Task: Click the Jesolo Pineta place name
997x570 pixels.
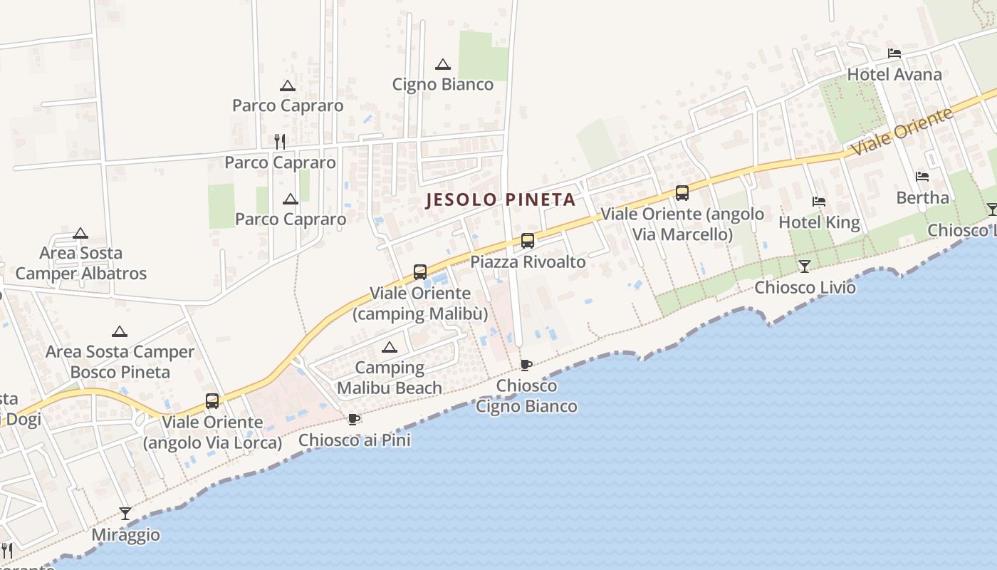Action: click(x=501, y=199)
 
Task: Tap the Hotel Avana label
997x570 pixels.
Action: click(x=894, y=75)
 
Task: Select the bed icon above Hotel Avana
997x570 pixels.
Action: click(x=894, y=53)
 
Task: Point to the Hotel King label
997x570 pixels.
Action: click(x=819, y=222)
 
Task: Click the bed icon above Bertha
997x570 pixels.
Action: click(x=922, y=176)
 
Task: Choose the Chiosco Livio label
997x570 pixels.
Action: click(x=805, y=288)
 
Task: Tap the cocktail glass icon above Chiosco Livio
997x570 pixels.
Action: click(x=805, y=266)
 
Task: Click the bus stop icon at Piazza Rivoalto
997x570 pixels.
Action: click(x=527, y=241)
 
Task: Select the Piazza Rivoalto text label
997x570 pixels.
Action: click(x=528, y=262)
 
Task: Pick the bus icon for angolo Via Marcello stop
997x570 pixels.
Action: click(x=682, y=193)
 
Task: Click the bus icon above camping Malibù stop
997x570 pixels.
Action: click(x=420, y=272)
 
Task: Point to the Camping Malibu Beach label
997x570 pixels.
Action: click(x=389, y=378)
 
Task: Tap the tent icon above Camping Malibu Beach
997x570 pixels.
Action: click(x=389, y=348)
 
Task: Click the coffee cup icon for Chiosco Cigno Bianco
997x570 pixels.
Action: click(x=526, y=366)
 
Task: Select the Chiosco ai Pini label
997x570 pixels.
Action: click(x=354, y=440)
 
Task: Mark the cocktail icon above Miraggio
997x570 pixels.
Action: click(x=125, y=513)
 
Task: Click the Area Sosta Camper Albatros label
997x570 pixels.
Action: click(x=80, y=264)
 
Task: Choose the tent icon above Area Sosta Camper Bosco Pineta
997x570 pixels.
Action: click(x=120, y=331)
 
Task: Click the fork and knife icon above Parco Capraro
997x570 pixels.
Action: click(x=280, y=142)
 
